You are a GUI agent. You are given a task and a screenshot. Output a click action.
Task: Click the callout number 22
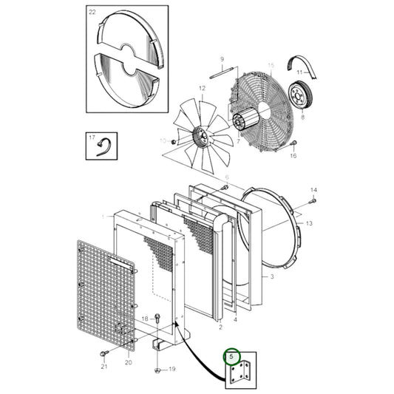tap(92, 13)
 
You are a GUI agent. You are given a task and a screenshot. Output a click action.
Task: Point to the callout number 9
tap(221, 59)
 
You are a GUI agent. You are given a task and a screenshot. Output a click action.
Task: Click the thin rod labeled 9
tap(221, 72)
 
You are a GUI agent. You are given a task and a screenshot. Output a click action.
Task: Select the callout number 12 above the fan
tap(201, 89)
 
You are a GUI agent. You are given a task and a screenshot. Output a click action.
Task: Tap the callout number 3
tap(272, 276)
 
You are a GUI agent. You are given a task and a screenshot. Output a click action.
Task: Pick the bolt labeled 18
tap(158, 318)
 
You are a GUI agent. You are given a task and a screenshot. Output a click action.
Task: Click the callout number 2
tap(220, 326)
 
